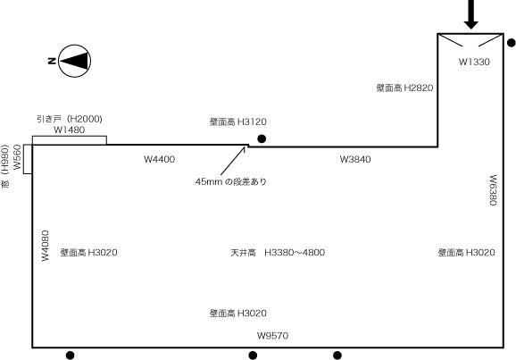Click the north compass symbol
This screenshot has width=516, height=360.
point(75,61)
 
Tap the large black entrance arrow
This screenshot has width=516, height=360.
point(470,14)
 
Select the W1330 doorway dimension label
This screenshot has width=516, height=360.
point(474,62)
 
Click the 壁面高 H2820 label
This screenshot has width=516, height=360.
point(404,88)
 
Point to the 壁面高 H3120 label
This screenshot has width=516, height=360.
point(238,121)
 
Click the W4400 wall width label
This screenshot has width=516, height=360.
point(159,159)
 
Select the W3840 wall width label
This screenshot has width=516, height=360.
point(355,159)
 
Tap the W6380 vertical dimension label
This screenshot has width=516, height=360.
point(493,190)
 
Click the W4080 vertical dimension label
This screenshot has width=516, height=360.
point(46,246)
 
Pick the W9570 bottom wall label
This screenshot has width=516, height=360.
point(272,336)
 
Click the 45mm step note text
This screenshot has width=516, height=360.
point(230,181)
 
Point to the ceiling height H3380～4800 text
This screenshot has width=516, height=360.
point(278,253)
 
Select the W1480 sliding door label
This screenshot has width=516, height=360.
point(69,130)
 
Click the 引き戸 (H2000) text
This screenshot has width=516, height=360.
point(70,119)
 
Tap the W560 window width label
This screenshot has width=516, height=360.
point(17,157)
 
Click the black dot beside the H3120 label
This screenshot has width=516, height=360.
point(262,139)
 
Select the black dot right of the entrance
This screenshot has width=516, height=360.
point(512,43)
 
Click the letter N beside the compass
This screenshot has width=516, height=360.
point(52,61)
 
